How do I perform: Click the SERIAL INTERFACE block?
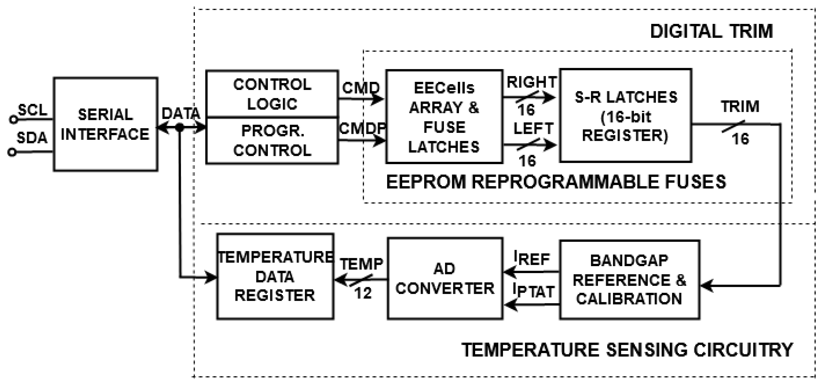(105, 124)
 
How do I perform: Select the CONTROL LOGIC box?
(272, 94)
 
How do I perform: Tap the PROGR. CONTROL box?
(272, 140)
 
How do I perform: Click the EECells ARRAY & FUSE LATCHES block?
(444, 117)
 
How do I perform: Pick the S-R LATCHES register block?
(625, 116)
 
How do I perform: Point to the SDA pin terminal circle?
(12, 153)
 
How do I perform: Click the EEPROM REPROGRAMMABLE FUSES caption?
(556, 182)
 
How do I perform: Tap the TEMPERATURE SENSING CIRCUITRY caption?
(627, 350)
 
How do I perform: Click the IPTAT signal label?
(533, 291)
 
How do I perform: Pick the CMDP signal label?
(362, 129)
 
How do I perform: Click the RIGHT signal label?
(532, 82)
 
